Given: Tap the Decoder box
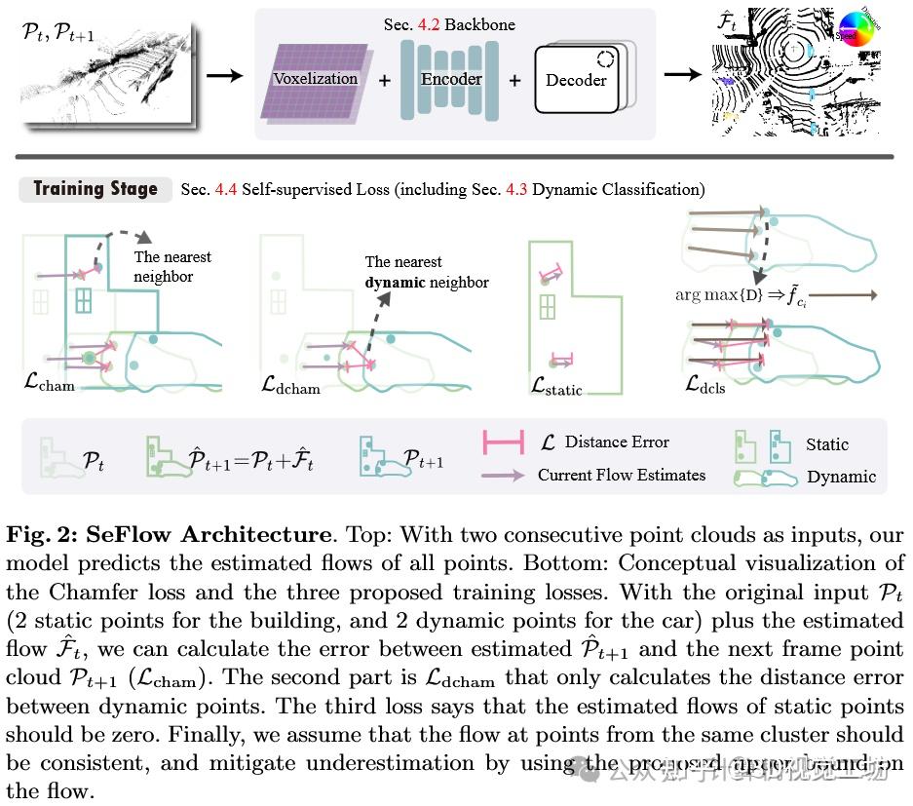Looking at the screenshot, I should click(576, 80).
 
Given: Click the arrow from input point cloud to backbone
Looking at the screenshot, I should click(224, 75).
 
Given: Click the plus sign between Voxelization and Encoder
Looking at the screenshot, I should click(385, 80).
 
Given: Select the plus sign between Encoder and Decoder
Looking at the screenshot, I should click(514, 80).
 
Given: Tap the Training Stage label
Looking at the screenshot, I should click(95, 189).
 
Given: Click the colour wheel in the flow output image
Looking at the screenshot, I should click(854, 25).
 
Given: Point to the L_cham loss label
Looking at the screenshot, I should click(49, 383).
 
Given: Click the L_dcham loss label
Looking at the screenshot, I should click(290, 384).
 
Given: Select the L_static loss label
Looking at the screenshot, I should click(556, 387).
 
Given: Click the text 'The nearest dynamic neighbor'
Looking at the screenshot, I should click(426, 272).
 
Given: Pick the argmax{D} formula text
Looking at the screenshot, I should click(718, 293).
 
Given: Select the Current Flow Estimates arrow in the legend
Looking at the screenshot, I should click(505, 475).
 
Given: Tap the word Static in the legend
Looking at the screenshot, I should click(826, 444).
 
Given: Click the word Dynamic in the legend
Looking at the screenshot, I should click(841, 477).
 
